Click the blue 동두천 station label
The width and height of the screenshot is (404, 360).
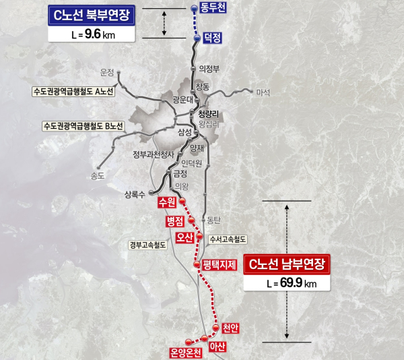(x=214, y=9)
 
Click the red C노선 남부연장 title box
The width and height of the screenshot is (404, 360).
(x=288, y=265)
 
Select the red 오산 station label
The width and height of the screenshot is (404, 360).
(x=184, y=238)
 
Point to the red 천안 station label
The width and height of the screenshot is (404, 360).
(x=230, y=328)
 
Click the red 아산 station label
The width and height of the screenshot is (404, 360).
(x=217, y=347)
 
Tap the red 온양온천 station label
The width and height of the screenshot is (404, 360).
(x=185, y=351)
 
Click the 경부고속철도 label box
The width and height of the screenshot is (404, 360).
(x=147, y=245)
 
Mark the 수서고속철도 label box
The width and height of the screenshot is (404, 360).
(x=229, y=239)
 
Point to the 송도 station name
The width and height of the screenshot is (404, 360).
(x=98, y=177)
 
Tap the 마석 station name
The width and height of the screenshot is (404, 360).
(x=263, y=92)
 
